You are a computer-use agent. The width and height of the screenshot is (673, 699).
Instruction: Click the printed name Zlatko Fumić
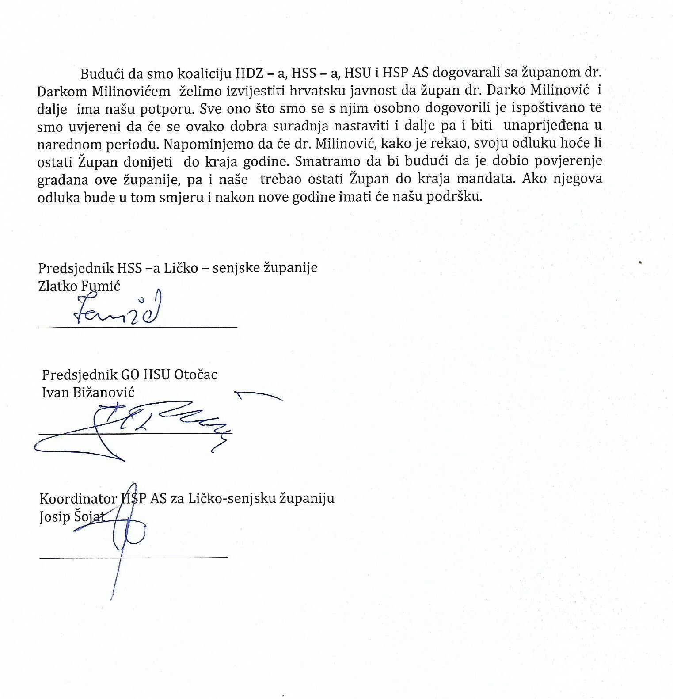[79, 286]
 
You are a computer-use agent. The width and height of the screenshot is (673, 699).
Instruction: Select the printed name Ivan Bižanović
[88, 392]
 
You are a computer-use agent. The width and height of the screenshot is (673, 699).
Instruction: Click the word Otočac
[196, 375]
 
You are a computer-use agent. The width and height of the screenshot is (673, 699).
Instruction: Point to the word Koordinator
[78, 499]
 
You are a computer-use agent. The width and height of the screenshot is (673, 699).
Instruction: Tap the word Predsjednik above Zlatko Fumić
[76, 268]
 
